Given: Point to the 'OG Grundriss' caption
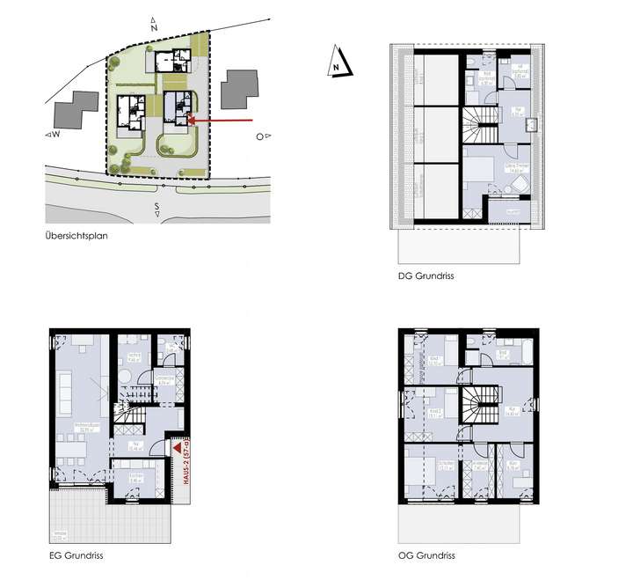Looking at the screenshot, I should [426, 556].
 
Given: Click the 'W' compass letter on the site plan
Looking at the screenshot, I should [55, 136].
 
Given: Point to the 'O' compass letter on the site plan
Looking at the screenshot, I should [259, 136].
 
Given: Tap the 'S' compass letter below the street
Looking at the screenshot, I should [156, 208].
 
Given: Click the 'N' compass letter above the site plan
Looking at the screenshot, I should [154, 28].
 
